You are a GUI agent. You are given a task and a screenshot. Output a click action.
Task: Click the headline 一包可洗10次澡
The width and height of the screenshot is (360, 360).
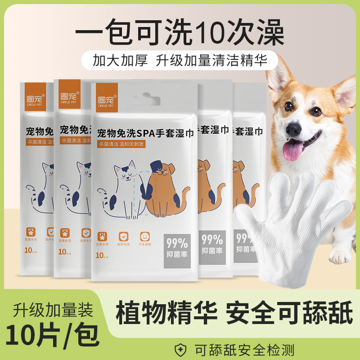click(180, 31)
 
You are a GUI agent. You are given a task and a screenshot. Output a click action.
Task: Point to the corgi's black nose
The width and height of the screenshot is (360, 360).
click(293, 129)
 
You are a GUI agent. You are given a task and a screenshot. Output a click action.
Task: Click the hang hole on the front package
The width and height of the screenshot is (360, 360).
click(144, 99)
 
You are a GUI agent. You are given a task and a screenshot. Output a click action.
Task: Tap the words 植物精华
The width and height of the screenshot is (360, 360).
click(165, 312)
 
